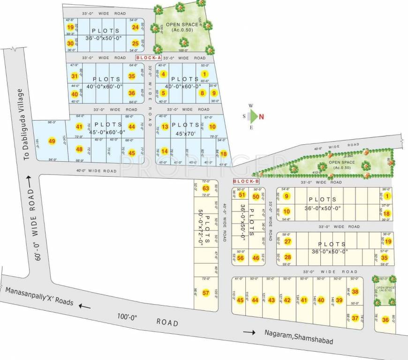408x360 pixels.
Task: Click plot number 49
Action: [x=52, y=141]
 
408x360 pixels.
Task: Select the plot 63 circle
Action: [x=205, y=188]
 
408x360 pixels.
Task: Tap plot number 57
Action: [x=205, y=293]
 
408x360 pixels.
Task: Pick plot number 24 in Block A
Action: [x=135, y=27]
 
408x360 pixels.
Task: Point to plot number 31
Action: [x=74, y=76]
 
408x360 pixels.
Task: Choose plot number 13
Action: [x=165, y=127]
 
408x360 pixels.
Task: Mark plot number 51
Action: [x=242, y=195]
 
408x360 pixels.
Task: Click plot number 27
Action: [x=288, y=242]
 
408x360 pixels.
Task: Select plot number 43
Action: [x=272, y=300]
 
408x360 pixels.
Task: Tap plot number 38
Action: [x=355, y=292]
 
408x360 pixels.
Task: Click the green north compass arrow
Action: [x=253, y=116]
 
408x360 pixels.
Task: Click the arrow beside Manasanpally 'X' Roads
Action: [x=85, y=306]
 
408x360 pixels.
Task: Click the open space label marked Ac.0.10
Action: [x=385, y=289]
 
